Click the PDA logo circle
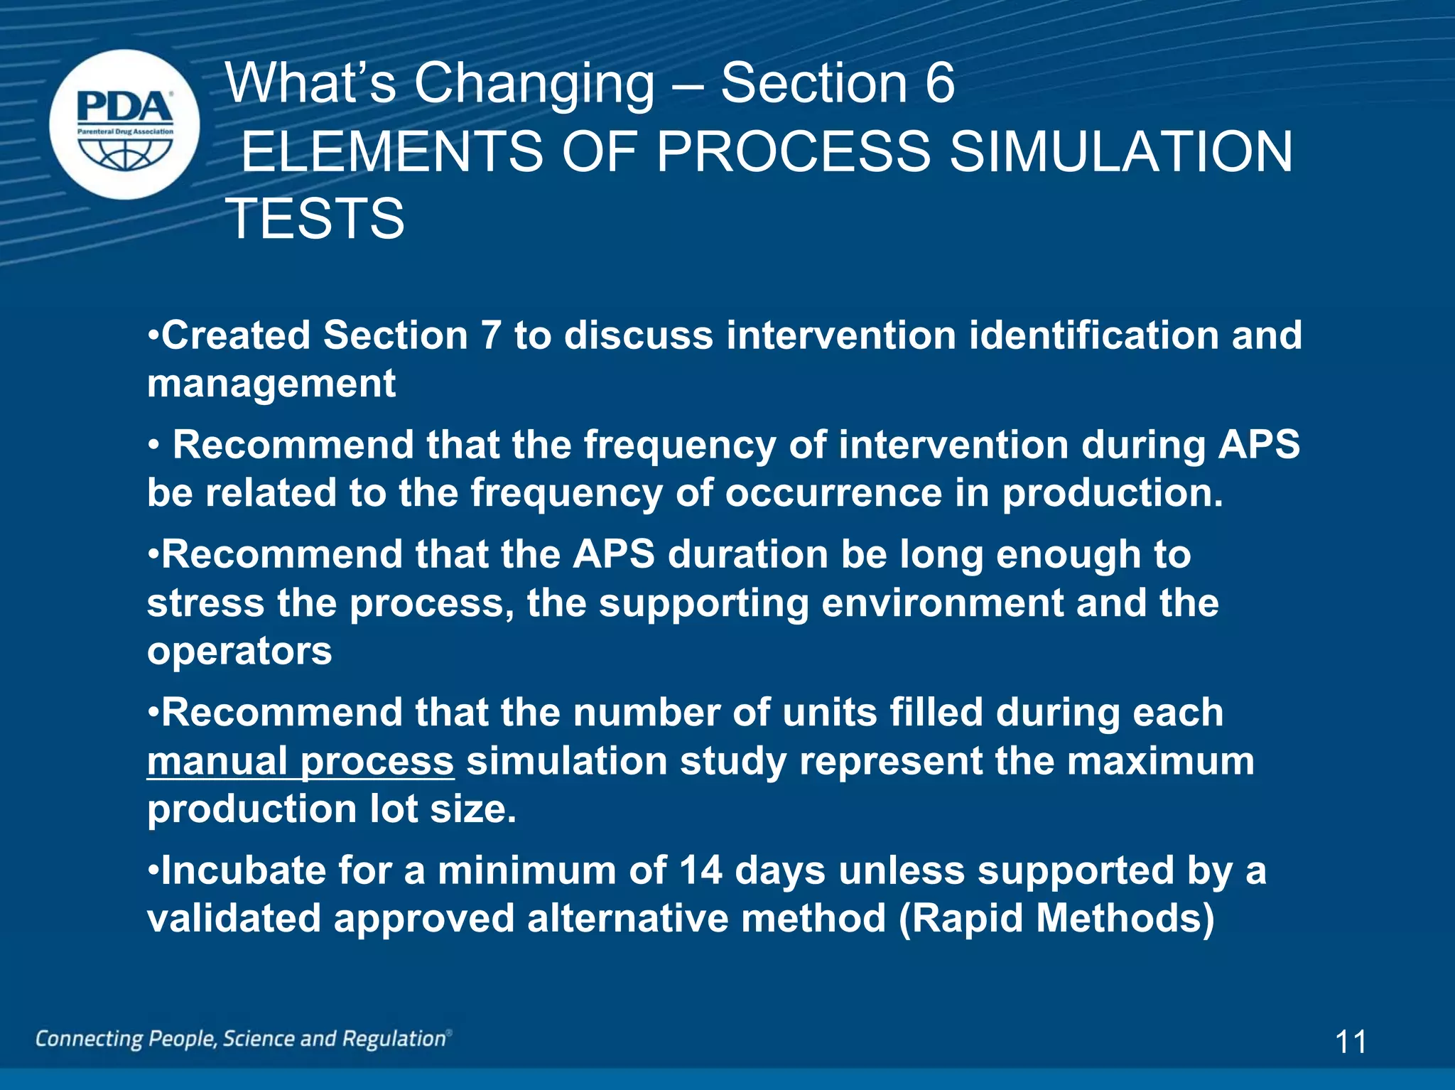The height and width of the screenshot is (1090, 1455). [x=124, y=124]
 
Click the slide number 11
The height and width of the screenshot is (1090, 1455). [x=1351, y=1042]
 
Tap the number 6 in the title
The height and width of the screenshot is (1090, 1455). [x=940, y=83]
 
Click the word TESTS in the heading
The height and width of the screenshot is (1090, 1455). [x=315, y=218]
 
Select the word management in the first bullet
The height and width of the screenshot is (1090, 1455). [x=271, y=384]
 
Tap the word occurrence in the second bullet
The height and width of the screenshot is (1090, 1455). [x=833, y=492]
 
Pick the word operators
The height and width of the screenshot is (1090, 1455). [x=239, y=652]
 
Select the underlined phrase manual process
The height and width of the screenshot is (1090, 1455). [x=300, y=762]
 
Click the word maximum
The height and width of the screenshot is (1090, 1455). [x=1160, y=761]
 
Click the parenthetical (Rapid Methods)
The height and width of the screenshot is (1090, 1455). [x=1056, y=919]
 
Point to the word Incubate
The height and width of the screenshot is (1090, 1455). [x=244, y=870]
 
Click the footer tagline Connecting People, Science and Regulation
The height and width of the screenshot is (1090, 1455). [x=243, y=1039]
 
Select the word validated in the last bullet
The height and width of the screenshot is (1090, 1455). [x=234, y=919]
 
